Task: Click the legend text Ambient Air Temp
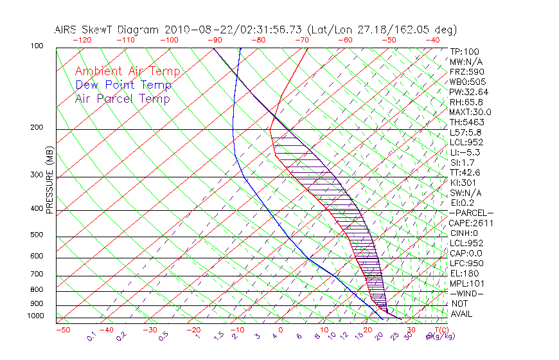pyautogui.click(x=127, y=71)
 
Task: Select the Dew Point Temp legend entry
pyautogui.click(x=123, y=85)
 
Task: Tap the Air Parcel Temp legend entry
pyautogui.click(x=122, y=98)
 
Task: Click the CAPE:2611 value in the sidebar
pyautogui.click(x=470, y=223)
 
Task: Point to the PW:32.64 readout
pyautogui.click(x=468, y=92)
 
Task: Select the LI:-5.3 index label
pyautogui.click(x=465, y=152)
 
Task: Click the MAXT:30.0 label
pyautogui.click(x=471, y=112)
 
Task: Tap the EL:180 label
pyautogui.click(x=463, y=273)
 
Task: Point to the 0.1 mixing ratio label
pyautogui.click(x=91, y=336)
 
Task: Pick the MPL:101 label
pyautogui.click(x=466, y=283)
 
